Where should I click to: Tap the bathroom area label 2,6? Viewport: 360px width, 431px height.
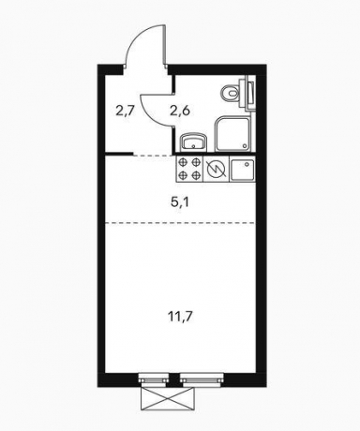(x=180, y=111)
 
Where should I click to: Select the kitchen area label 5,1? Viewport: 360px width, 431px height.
(x=180, y=203)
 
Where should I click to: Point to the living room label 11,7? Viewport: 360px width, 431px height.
(x=181, y=317)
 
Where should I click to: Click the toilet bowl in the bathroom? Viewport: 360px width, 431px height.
(x=230, y=93)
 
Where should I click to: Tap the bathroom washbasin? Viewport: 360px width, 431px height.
(x=193, y=142)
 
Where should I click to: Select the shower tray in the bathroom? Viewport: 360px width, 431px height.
(x=232, y=134)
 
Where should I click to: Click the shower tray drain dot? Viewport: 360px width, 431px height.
(x=245, y=146)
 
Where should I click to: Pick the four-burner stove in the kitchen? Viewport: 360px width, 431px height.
(x=189, y=169)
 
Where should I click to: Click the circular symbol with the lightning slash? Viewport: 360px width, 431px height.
(x=217, y=169)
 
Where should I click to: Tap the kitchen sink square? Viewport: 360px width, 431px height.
(x=243, y=169)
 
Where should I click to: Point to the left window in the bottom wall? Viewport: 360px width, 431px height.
(x=152, y=379)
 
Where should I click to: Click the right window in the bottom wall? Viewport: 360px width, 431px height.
(x=202, y=379)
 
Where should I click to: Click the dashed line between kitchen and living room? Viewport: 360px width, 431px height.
(x=180, y=223)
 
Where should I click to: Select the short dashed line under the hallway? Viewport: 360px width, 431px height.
(x=153, y=155)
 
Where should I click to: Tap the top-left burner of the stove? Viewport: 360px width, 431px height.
(x=183, y=162)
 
